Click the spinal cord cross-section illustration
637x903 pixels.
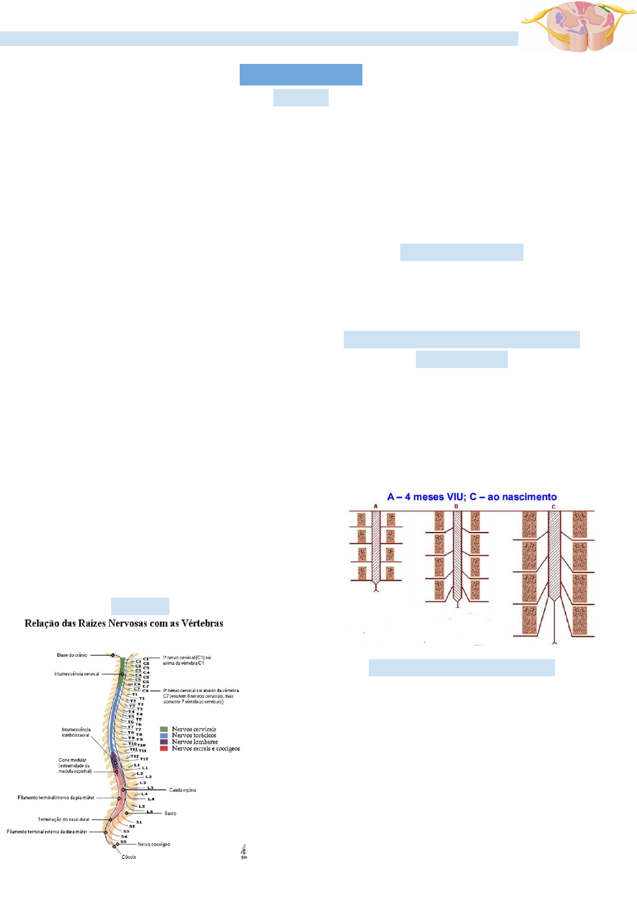point(578,26)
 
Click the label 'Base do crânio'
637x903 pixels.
point(72,655)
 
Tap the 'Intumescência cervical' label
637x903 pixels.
point(77,674)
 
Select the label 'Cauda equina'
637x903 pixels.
point(183,790)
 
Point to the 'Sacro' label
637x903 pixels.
point(170,813)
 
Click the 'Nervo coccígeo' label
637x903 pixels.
point(154,844)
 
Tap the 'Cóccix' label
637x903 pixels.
point(129,857)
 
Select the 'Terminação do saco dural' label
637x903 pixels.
point(63,819)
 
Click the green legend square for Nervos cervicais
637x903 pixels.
point(164,729)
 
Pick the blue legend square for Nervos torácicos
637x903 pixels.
point(164,736)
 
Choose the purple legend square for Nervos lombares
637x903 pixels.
point(164,742)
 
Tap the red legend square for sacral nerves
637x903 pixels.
point(164,748)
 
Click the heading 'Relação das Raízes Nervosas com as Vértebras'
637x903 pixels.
point(124,623)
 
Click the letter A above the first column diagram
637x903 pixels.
point(376,506)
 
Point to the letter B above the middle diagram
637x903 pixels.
point(456,506)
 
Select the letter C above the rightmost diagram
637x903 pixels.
point(554,506)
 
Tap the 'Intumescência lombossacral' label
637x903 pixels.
point(76,732)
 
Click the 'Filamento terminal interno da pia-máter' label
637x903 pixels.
point(56,798)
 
